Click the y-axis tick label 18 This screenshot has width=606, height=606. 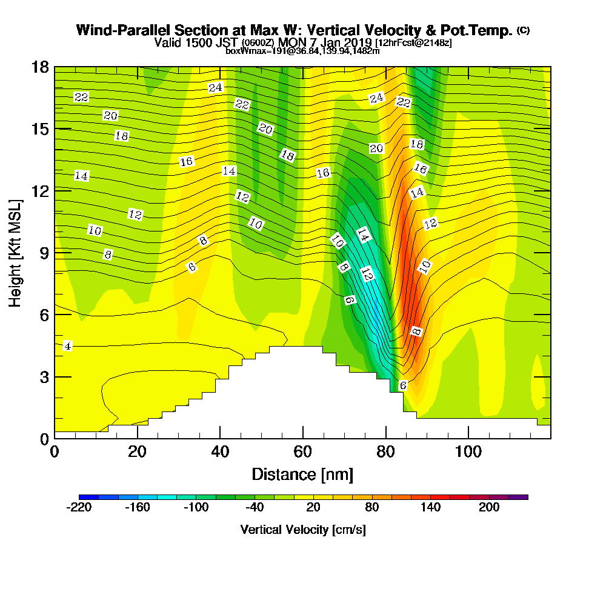click(x=39, y=67)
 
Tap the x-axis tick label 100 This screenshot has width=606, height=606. click(x=468, y=451)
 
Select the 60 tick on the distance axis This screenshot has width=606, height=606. click(x=302, y=451)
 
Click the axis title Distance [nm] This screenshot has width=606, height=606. click(x=302, y=473)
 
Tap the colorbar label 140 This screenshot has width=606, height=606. click(x=430, y=508)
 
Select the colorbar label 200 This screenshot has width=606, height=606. click(x=489, y=508)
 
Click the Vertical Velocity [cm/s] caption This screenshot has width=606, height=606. click(x=303, y=530)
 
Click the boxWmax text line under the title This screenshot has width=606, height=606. click(x=302, y=51)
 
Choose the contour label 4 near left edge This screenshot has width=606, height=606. click(x=67, y=346)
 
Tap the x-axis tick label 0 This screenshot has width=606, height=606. click(x=55, y=451)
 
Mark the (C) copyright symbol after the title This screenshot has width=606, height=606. click(x=523, y=30)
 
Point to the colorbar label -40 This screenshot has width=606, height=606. click(x=254, y=508)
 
